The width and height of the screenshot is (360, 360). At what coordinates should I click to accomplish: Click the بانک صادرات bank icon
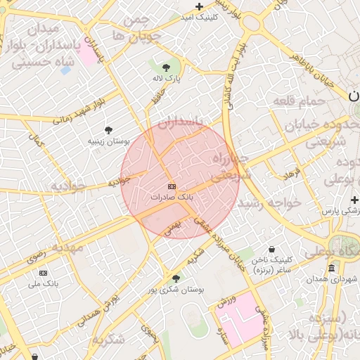(172, 186)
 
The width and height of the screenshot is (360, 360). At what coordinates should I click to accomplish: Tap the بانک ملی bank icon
(44, 273)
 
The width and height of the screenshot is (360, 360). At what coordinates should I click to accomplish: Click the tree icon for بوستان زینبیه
(108, 129)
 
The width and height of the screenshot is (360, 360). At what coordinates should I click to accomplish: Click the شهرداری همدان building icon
(331, 268)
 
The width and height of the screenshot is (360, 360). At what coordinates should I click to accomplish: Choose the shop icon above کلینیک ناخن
(272, 248)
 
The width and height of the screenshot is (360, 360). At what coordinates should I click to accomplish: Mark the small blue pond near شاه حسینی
(65, 70)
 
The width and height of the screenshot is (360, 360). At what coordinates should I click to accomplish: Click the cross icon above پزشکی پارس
(354, 200)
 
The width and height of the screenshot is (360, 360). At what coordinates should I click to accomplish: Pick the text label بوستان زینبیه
(109, 141)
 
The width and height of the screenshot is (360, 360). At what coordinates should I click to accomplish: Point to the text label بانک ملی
(43, 284)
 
